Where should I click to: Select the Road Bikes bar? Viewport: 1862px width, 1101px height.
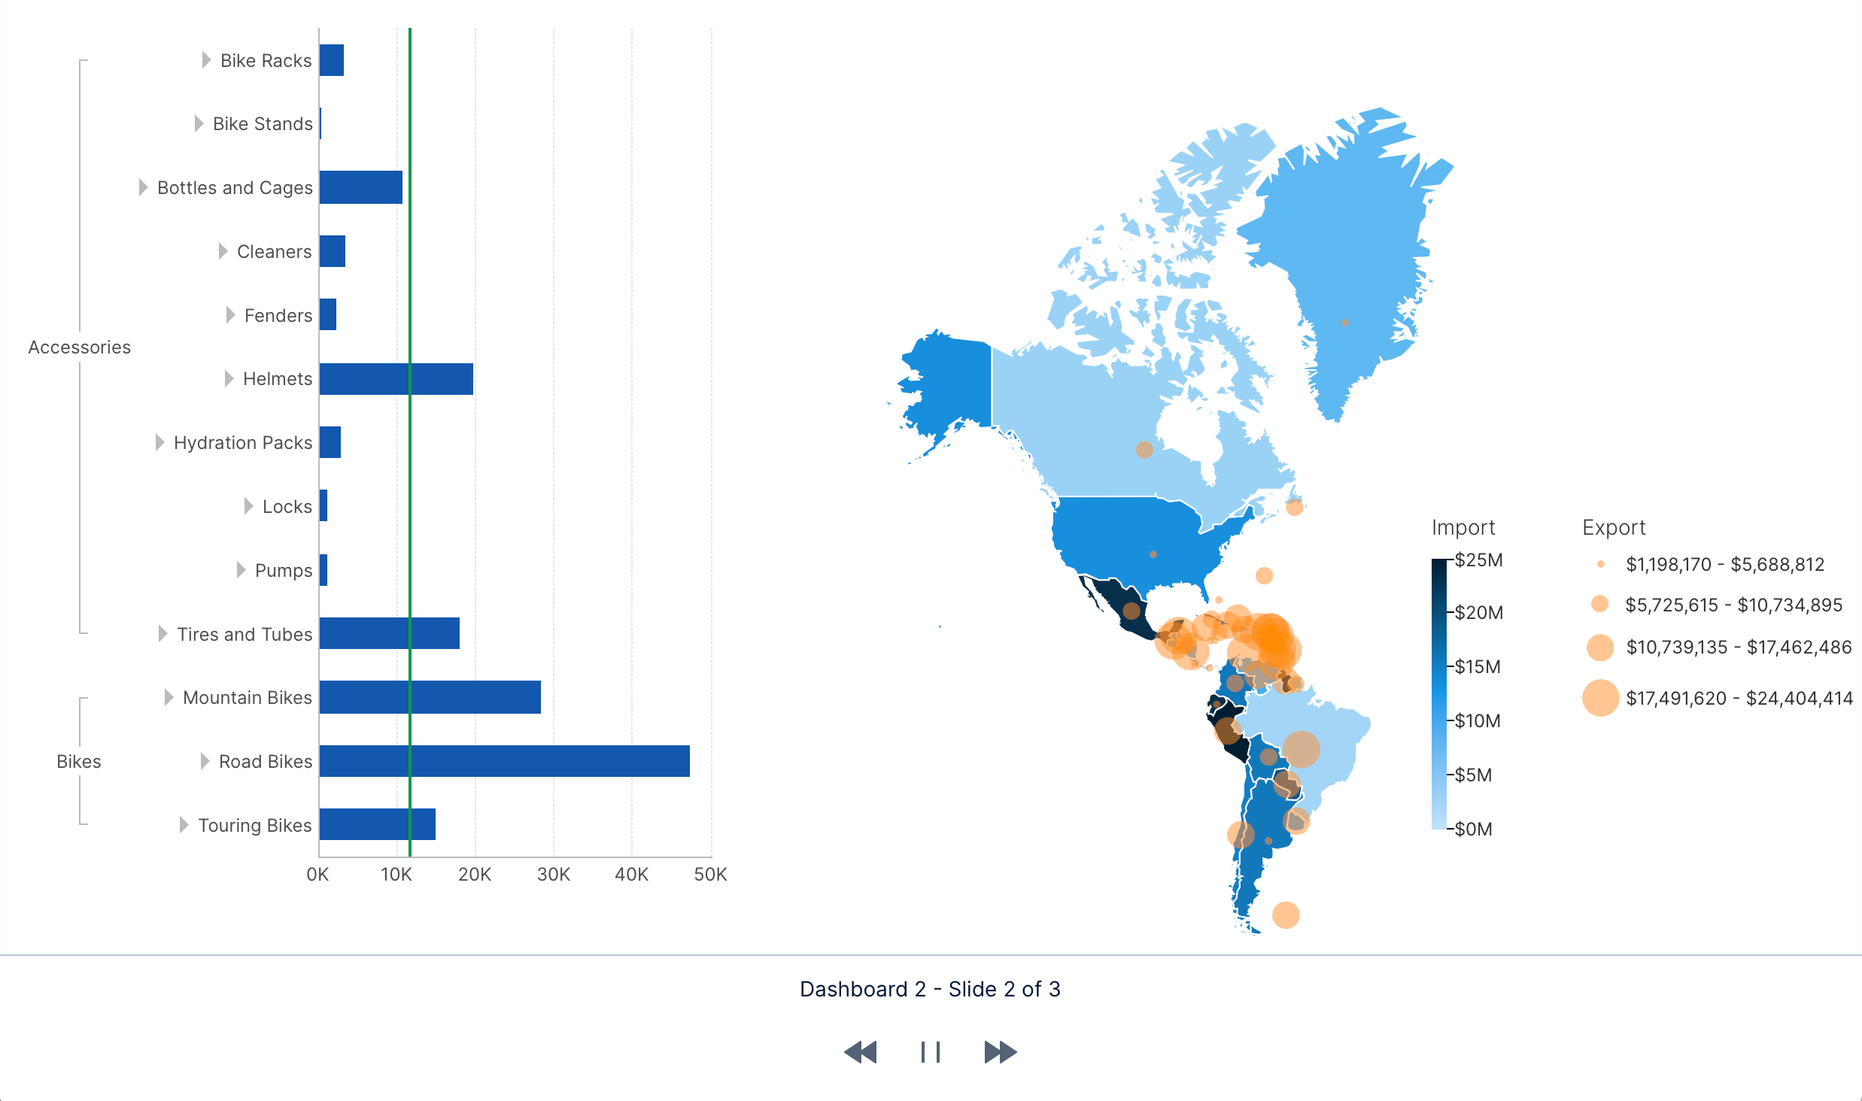(504, 761)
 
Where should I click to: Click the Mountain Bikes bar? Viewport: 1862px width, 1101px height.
(430, 697)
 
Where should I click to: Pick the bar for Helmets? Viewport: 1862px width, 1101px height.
(396, 378)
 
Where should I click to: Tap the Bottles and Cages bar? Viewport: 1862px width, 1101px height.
(360, 187)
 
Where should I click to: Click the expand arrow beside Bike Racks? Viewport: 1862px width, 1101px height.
(206, 60)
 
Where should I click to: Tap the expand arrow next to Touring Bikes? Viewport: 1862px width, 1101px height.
(184, 825)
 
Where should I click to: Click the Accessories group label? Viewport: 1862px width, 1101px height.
(79, 347)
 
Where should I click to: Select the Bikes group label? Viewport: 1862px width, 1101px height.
(78, 761)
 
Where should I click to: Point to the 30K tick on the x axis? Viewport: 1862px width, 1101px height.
(553, 874)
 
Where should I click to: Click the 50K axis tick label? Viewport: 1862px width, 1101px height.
(710, 874)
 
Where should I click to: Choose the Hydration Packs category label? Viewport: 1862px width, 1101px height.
(242, 442)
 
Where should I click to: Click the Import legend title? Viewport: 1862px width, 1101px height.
(1463, 527)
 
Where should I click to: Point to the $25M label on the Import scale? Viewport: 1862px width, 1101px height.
(1478, 560)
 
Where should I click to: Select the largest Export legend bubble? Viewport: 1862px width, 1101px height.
(1600, 698)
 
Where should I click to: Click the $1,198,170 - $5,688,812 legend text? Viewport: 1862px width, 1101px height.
(1724, 564)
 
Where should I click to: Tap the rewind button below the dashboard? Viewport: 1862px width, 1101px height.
(861, 1052)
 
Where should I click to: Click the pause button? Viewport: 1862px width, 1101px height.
(931, 1052)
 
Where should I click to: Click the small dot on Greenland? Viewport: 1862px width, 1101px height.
(1345, 323)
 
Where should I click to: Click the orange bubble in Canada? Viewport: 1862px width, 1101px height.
(1144, 450)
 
